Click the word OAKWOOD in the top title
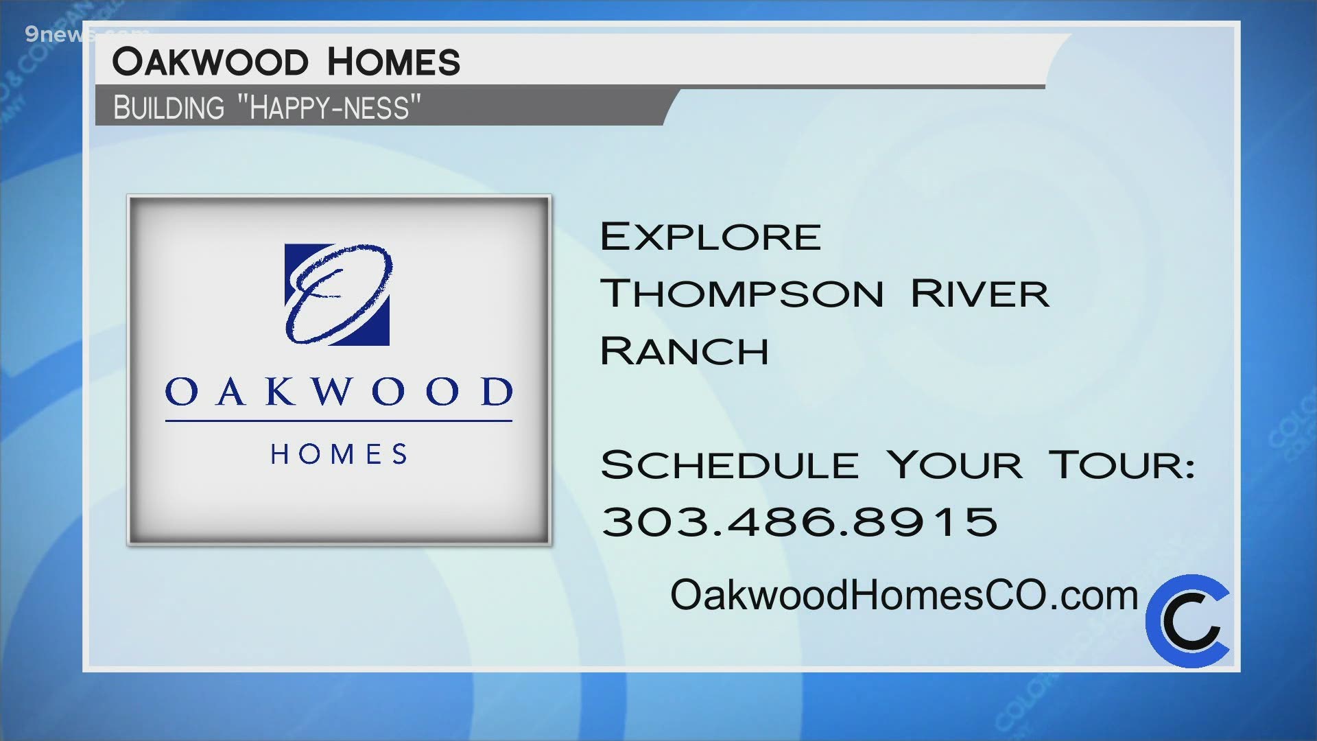coord(210,62)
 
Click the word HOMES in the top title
coord(393,62)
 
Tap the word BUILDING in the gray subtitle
coord(169,108)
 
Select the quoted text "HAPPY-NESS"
coord(329,108)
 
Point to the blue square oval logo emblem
coord(337,294)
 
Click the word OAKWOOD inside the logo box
coord(339,392)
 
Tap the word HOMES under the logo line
coord(339,454)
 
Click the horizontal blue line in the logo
coord(339,421)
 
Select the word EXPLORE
coord(711,237)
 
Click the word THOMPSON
coord(742,294)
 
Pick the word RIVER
coord(980,294)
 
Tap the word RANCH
coord(685,351)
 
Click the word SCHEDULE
coord(730,465)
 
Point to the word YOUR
coord(954,465)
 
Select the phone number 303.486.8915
coord(799,521)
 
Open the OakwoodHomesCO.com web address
coord(904,595)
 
